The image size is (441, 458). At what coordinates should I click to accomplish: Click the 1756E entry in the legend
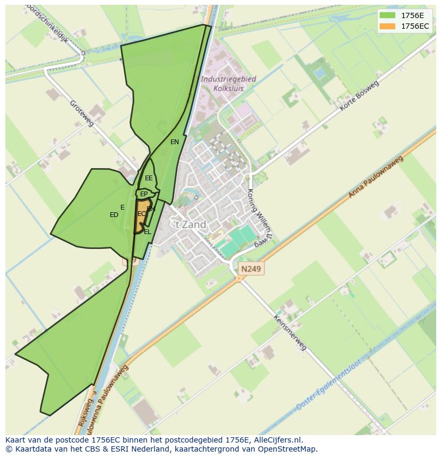(412, 15)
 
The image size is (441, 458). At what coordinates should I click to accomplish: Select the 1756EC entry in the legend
(414, 26)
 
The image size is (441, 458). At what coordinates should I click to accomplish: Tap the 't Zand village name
(191, 224)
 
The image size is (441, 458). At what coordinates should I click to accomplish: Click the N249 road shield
(251, 269)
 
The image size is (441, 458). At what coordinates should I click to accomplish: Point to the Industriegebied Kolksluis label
(228, 84)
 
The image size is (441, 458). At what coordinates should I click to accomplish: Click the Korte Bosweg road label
(359, 96)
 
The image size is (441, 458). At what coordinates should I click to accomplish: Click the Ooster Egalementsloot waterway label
(329, 384)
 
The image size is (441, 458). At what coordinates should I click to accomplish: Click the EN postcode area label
(175, 142)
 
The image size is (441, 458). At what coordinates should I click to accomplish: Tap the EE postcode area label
(149, 178)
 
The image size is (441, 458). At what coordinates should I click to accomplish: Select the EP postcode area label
(144, 194)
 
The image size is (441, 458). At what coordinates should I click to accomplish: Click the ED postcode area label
(113, 215)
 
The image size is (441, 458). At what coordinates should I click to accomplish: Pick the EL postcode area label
(148, 232)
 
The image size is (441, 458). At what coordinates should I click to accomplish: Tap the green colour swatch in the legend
(387, 15)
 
